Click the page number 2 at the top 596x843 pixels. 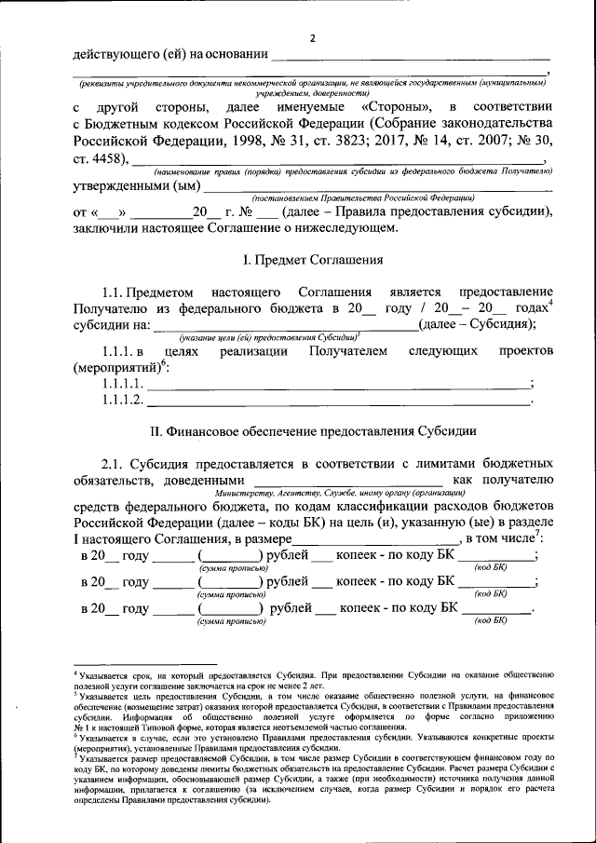tap(313, 38)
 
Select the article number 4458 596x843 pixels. tap(114, 158)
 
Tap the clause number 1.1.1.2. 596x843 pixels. tap(123, 401)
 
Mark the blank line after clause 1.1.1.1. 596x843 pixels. tap(339, 386)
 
